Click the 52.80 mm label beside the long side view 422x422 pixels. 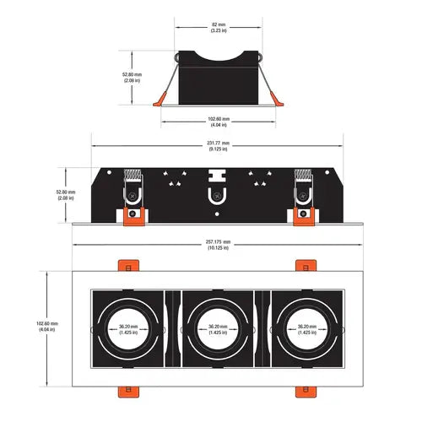click(x=66, y=195)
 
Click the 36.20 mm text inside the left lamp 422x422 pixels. click(x=128, y=329)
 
